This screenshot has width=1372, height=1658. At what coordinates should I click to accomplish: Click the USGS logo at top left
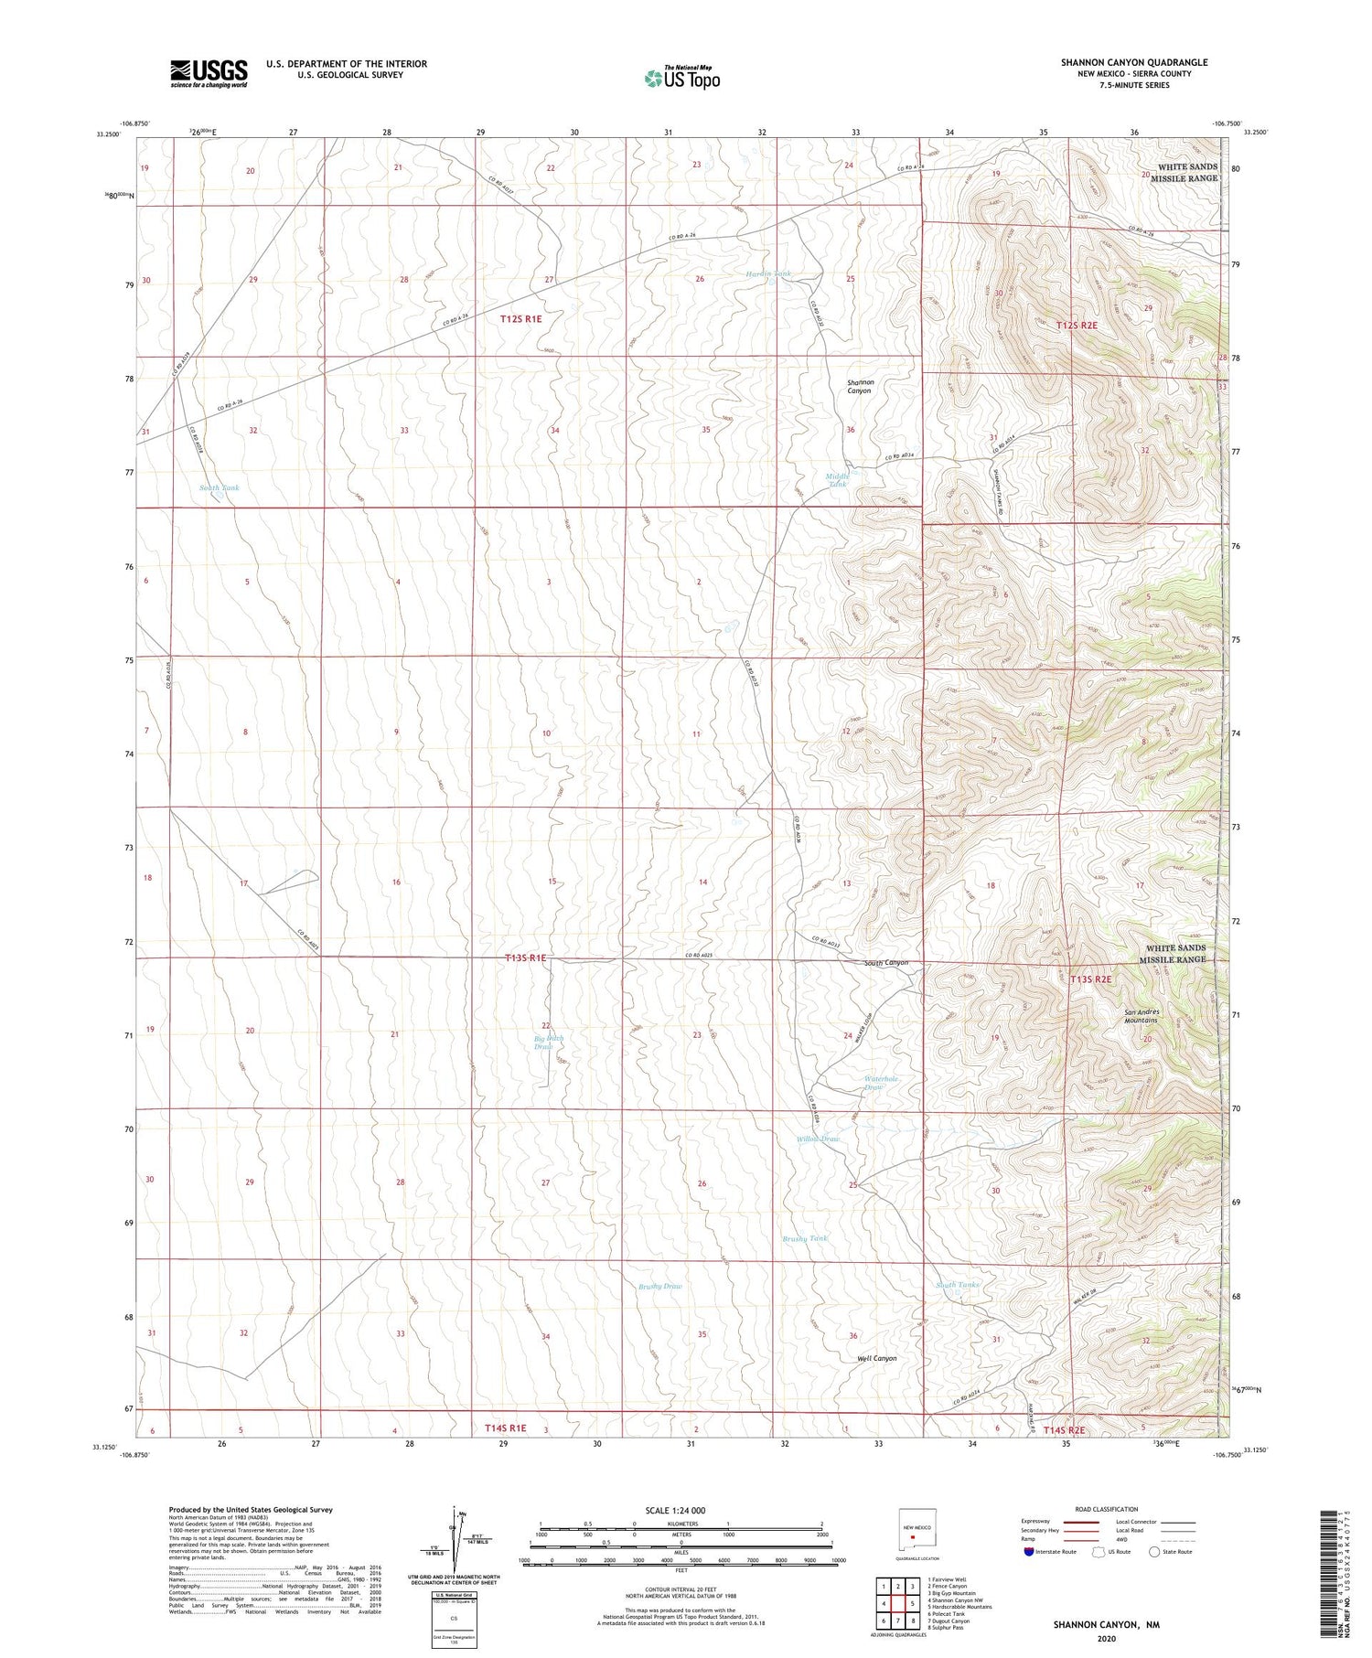tap(209, 73)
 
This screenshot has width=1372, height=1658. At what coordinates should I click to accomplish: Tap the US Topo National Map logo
tap(681, 78)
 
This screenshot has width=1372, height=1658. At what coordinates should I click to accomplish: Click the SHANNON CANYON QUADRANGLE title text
tap(1133, 62)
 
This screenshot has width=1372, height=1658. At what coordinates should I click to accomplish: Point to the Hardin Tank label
tap(767, 274)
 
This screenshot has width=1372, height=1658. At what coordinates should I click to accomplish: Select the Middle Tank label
tap(838, 479)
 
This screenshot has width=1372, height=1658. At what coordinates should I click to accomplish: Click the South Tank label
tap(220, 488)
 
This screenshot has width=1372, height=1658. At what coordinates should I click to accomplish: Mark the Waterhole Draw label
tap(882, 1083)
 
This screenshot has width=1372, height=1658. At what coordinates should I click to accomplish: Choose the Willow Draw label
tap(818, 1139)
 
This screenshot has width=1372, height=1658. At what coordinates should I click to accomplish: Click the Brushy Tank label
tap(805, 1238)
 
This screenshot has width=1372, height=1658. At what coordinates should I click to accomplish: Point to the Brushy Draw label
tap(660, 1286)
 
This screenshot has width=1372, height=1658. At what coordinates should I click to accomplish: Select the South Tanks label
tap(957, 1285)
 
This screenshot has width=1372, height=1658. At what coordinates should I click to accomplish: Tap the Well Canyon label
tap(876, 1358)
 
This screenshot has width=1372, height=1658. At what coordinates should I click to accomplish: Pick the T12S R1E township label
tap(521, 319)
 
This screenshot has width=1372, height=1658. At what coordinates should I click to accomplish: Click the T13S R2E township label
tap(1090, 979)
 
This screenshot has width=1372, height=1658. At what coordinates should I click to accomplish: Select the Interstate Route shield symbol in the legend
tap(1029, 1552)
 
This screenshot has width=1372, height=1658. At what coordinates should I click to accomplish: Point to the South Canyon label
tap(886, 963)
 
